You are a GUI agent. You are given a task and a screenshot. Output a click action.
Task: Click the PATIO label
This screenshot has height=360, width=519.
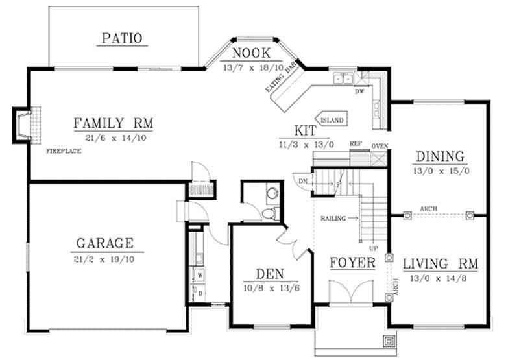pyautogui.click(x=122, y=38)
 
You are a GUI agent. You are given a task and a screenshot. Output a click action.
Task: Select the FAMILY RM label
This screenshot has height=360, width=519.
pyautogui.click(x=112, y=123)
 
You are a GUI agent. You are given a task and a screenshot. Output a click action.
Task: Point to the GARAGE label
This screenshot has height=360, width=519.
pyautogui.click(x=104, y=243)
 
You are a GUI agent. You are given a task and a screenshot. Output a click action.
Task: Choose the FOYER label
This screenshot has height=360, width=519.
pyautogui.click(x=352, y=263)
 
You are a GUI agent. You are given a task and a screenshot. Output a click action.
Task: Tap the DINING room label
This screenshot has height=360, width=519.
pyautogui.click(x=440, y=156)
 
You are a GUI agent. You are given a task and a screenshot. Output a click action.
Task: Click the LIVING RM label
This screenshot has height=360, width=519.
pyautogui.click(x=441, y=264)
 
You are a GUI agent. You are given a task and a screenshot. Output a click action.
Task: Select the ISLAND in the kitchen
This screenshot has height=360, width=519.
pyautogui.click(x=331, y=121)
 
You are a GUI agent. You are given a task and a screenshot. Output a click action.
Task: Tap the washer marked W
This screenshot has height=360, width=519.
pyautogui.click(x=200, y=275)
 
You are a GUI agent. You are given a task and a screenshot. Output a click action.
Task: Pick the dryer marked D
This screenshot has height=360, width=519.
pyautogui.click(x=200, y=293)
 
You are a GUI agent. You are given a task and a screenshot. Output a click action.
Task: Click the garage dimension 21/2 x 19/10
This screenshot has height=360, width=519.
pyautogui.click(x=104, y=259)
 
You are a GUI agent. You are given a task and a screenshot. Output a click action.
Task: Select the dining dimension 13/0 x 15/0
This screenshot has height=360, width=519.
pyautogui.click(x=440, y=171)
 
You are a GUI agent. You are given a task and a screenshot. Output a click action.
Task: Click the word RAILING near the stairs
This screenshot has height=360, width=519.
pyautogui.click(x=333, y=219)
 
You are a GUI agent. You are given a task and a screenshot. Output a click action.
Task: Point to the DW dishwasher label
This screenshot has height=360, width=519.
pyautogui.click(x=359, y=91)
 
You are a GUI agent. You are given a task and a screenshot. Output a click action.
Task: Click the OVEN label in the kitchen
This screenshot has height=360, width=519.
pyautogui.click(x=380, y=146)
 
